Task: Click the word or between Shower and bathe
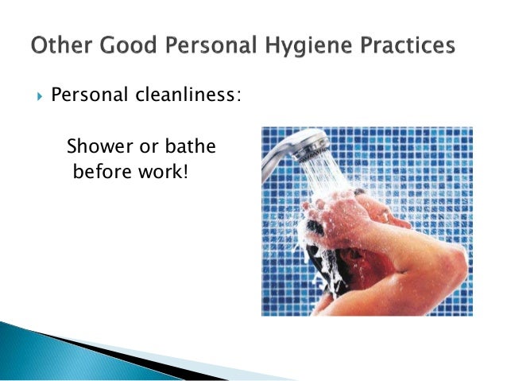[145, 148]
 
